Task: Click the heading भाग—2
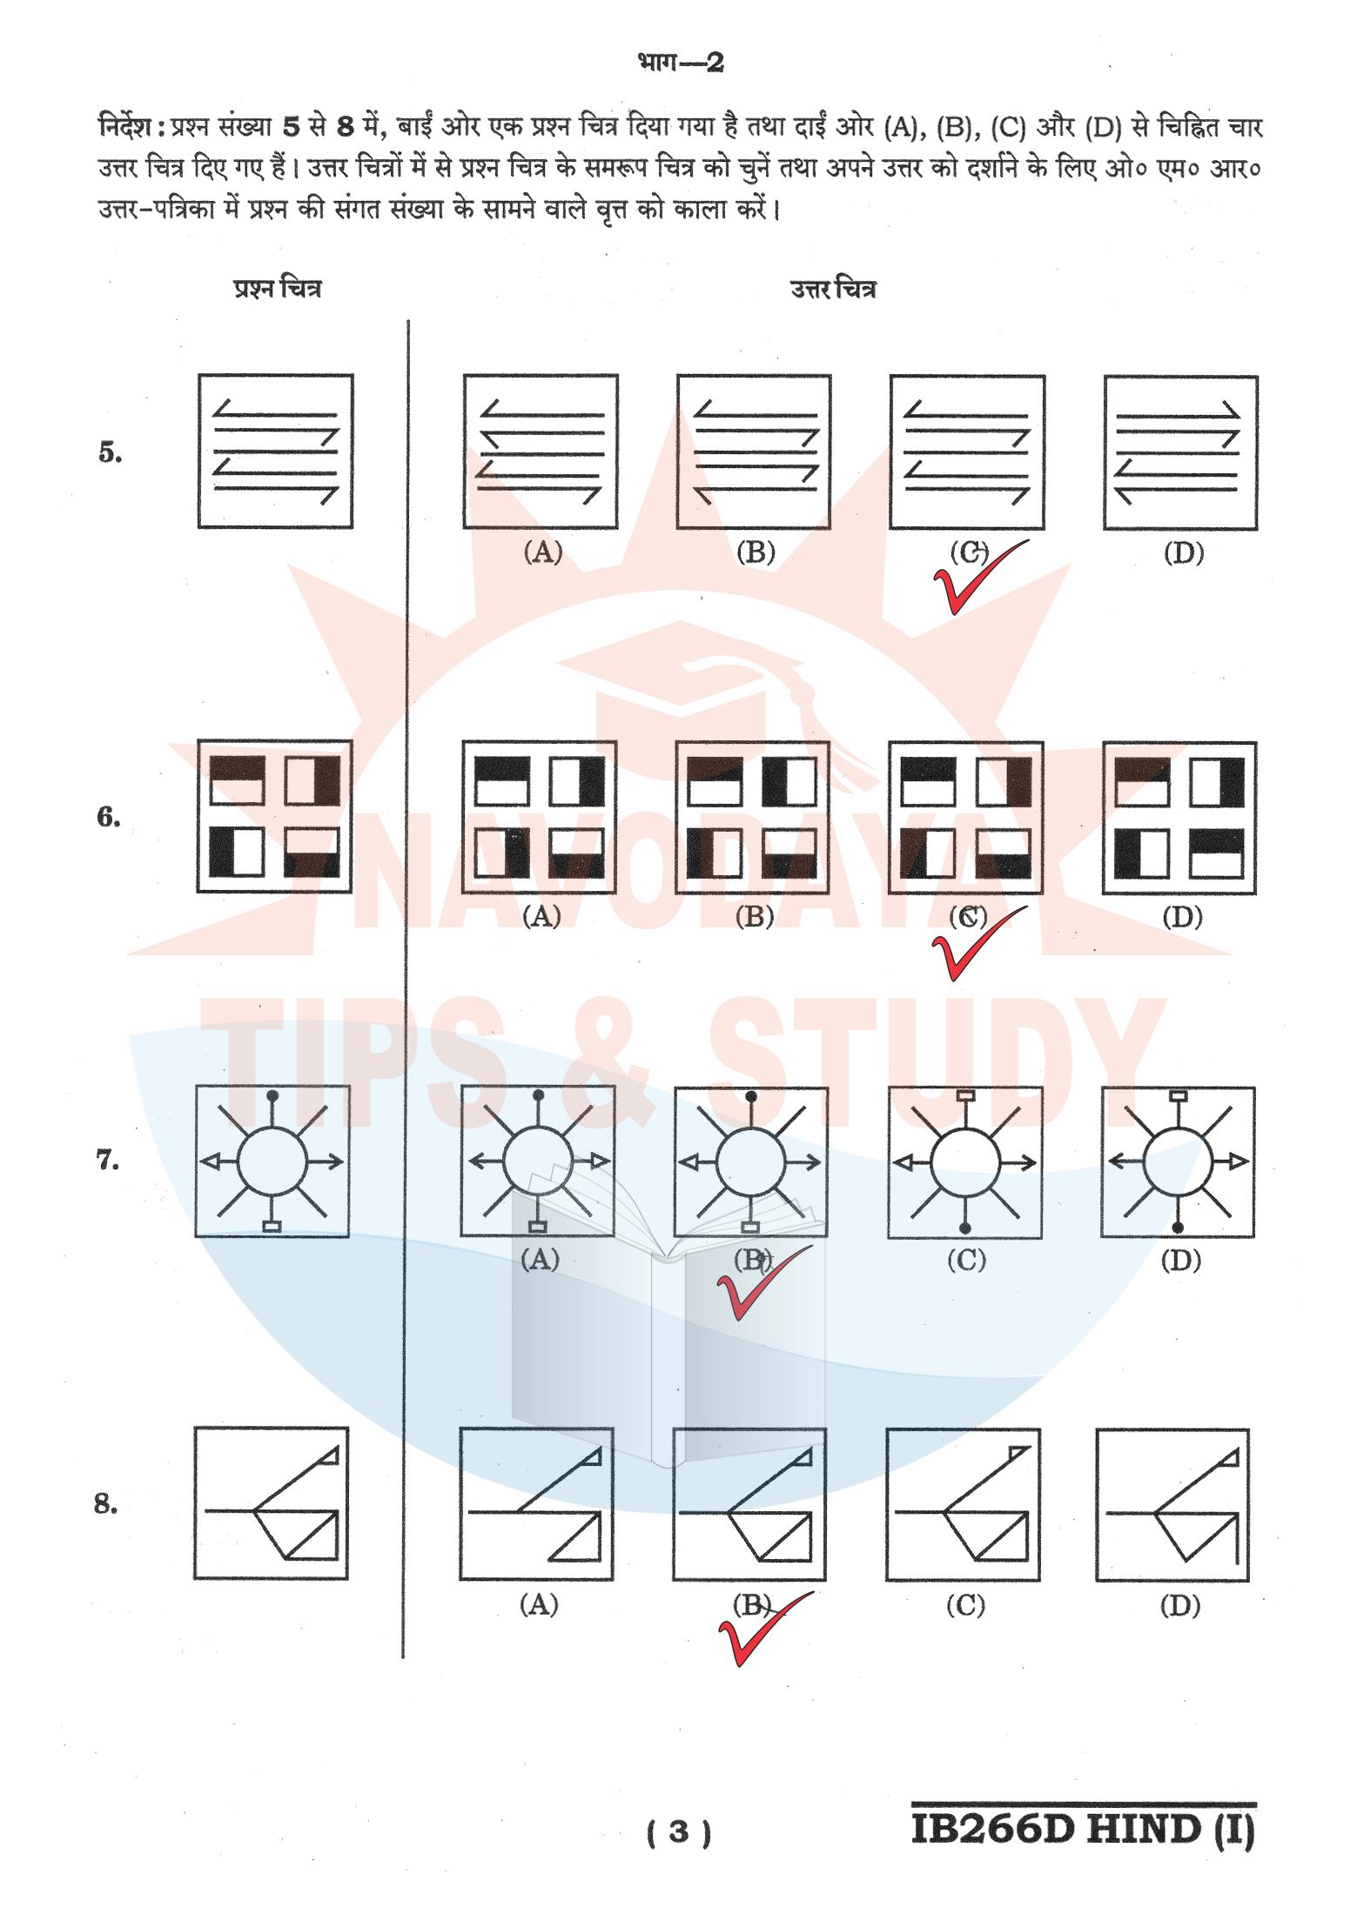pyautogui.click(x=679, y=64)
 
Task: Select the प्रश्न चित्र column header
pyautogui.click(x=276, y=289)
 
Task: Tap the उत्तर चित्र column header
pyautogui.click(x=833, y=289)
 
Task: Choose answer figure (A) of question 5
pyautogui.click(x=541, y=452)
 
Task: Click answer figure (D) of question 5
pyautogui.click(x=1180, y=452)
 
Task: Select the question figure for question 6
pyautogui.click(x=275, y=816)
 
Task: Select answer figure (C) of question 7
pyautogui.click(x=964, y=1161)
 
